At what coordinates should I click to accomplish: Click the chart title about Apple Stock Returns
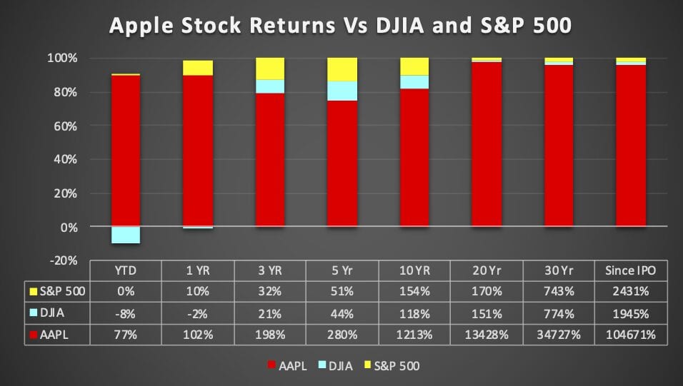point(340,25)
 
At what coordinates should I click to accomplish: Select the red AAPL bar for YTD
point(126,151)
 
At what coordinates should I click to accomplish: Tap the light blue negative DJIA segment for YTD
point(126,235)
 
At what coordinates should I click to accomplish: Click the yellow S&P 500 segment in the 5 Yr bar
point(342,70)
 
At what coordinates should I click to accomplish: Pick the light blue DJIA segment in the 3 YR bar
point(270,86)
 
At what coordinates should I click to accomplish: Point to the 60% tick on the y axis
point(65,126)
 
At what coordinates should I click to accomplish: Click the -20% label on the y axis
point(64,260)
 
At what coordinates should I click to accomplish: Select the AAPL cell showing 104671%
point(631,335)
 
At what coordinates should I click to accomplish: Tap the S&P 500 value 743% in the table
point(559,291)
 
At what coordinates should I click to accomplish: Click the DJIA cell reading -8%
point(126,313)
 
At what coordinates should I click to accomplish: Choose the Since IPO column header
point(630,270)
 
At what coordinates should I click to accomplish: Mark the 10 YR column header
point(414,270)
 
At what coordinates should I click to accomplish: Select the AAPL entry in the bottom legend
point(287,365)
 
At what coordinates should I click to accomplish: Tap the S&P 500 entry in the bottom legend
point(392,365)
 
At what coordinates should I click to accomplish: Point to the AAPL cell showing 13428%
point(487,335)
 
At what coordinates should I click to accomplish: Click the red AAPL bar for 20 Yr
point(487,144)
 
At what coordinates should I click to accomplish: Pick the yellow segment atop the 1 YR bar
point(198,68)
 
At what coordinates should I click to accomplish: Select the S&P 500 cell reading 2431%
point(631,291)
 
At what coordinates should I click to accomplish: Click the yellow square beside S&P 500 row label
point(33,292)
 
